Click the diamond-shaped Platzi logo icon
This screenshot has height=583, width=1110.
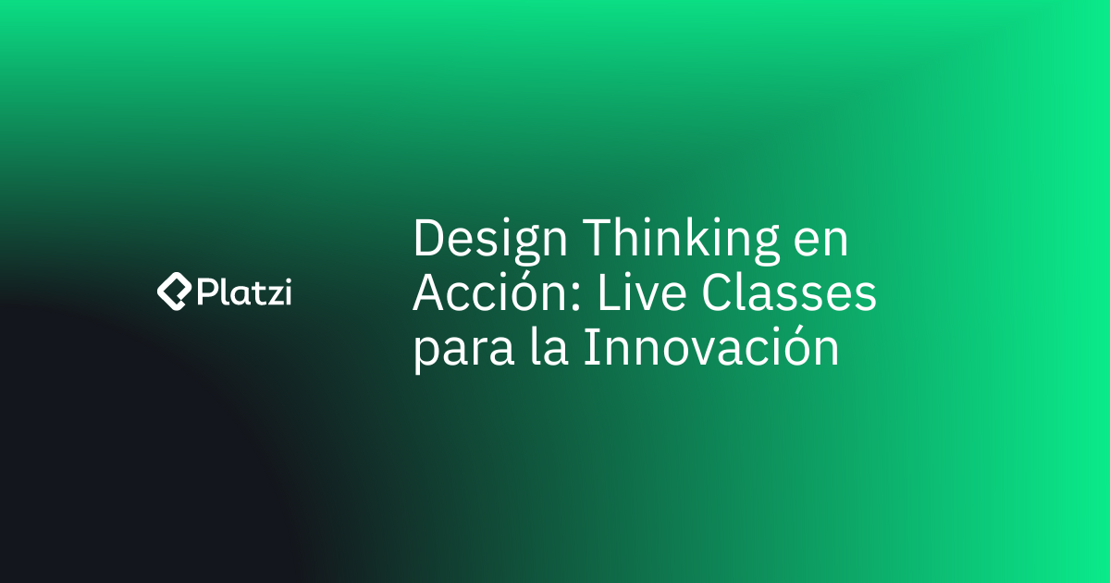click(x=172, y=291)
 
